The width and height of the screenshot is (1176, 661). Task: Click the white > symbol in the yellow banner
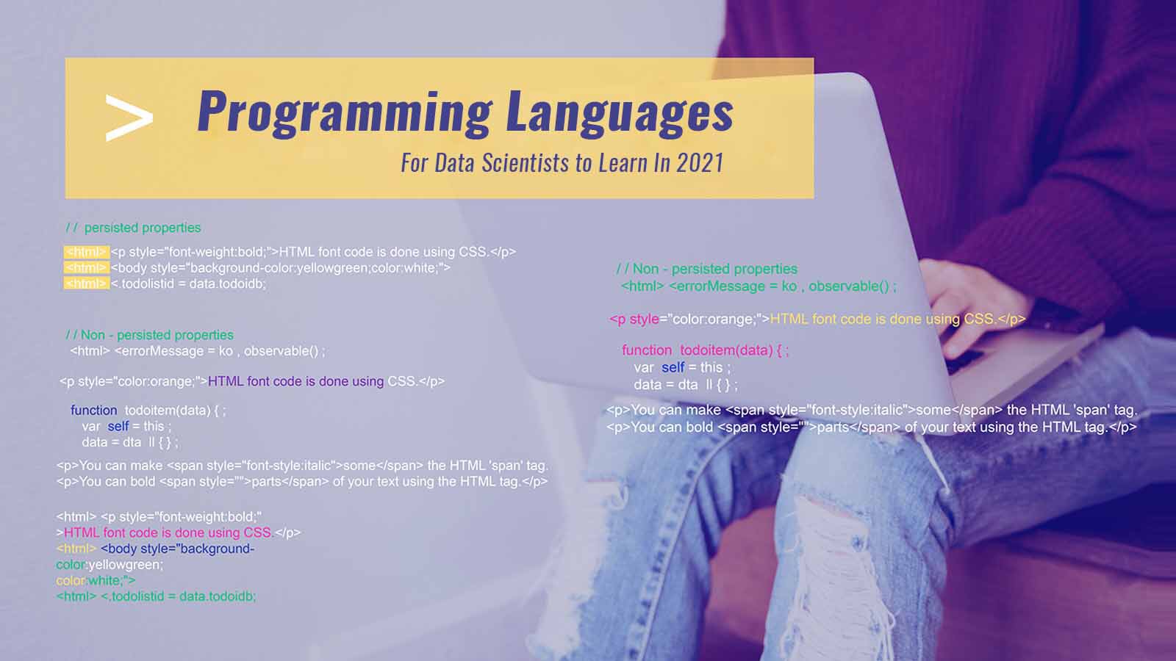point(129,118)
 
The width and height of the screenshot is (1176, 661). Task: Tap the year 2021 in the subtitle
point(700,163)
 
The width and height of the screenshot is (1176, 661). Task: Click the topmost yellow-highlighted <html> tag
point(86,252)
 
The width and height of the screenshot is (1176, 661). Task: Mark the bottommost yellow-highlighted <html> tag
point(86,283)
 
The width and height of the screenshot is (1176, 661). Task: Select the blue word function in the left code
point(93,411)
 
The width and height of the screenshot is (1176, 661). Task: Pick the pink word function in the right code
point(646,350)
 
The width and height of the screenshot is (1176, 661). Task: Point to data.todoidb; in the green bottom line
point(218,596)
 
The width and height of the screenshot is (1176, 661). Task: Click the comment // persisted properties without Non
point(133,228)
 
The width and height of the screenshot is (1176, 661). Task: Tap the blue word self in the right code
point(673,367)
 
